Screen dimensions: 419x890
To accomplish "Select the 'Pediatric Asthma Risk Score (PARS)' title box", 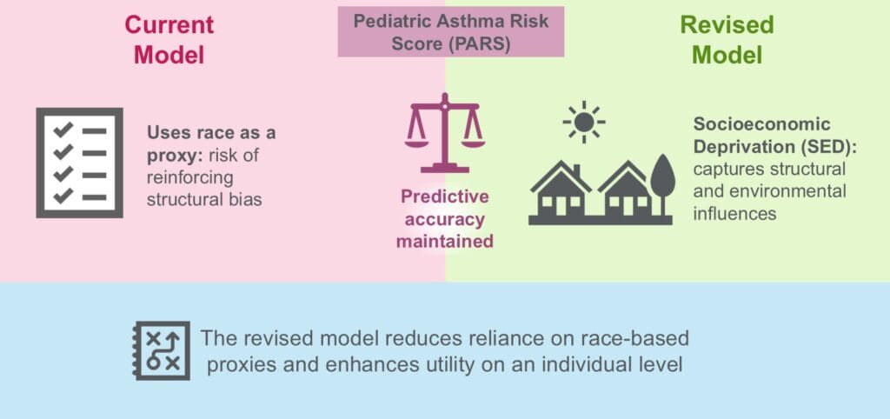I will pyautogui.click(x=450, y=32).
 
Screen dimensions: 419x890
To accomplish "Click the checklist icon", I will pyautogui.click(x=79, y=162).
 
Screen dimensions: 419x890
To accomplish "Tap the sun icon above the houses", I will pyautogui.click(x=584, y=122).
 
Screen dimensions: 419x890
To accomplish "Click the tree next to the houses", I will pyautogui.click(x=662, y=185).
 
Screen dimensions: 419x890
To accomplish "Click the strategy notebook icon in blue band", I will pyautogui.click(x=162, y=350).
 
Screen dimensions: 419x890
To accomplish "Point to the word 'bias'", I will pyautogui.click(x=247, y=199).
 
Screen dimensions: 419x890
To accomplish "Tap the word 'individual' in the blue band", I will pyautogui.click(x=605, y=362).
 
